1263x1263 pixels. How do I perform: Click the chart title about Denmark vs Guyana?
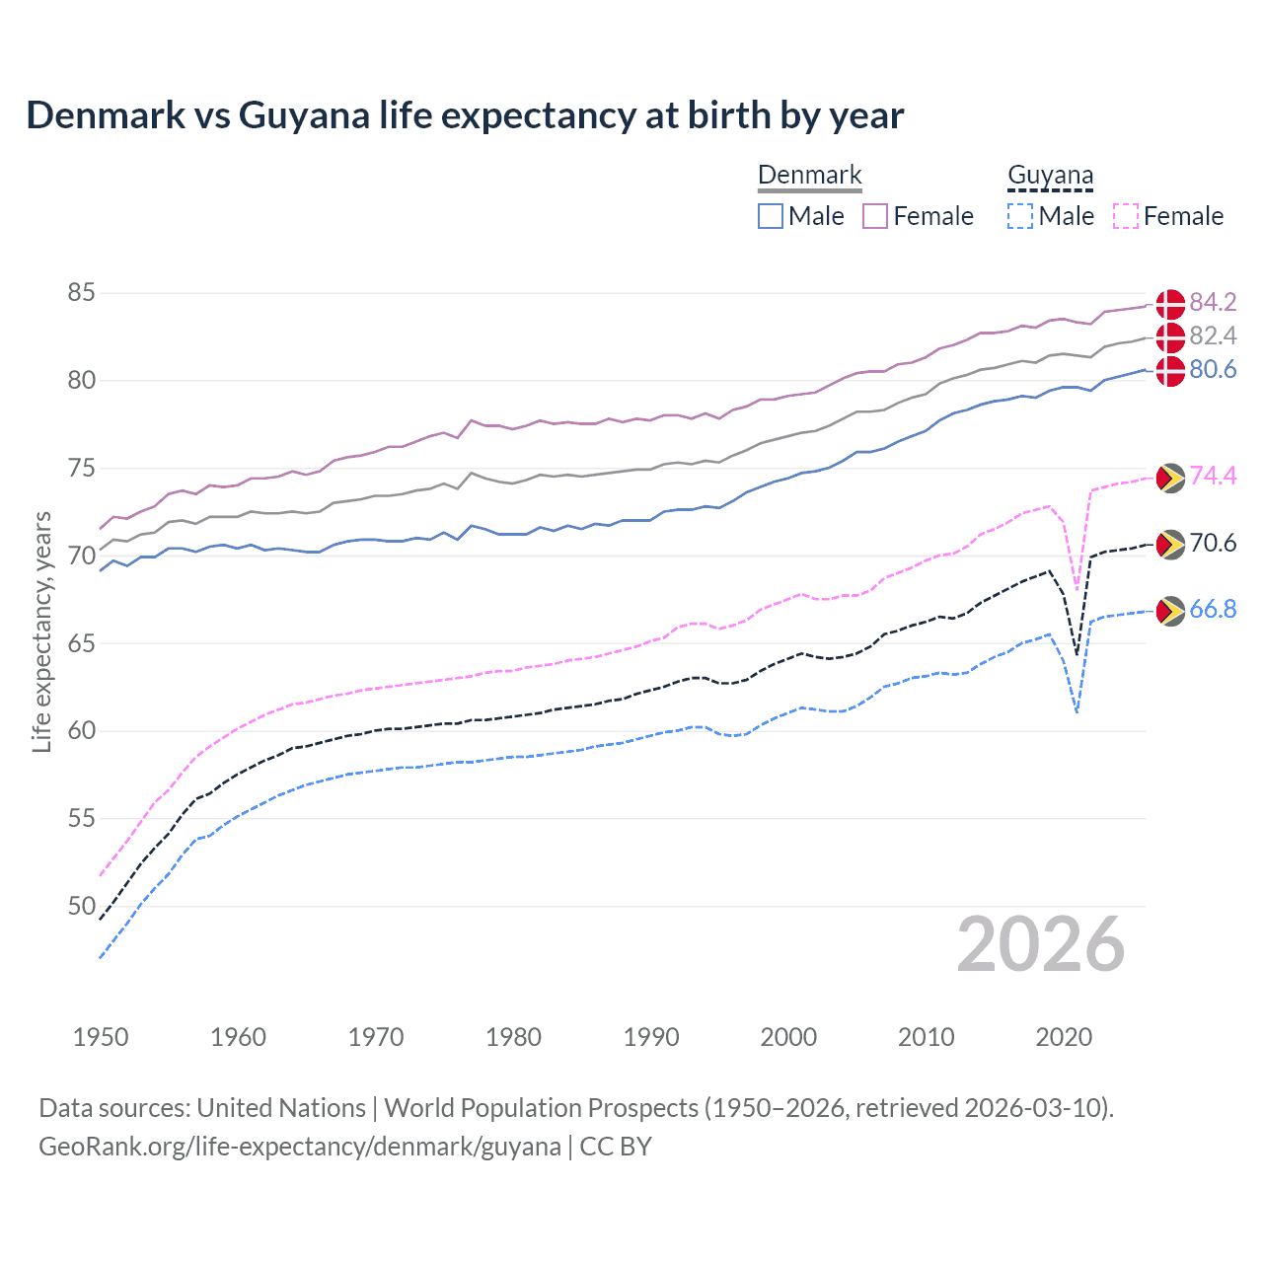click(465, 115)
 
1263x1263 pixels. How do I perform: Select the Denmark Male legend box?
click(771, 216)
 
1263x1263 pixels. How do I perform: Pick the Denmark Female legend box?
click(875, 216)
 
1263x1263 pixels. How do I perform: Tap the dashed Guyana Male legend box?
click(1020, 216)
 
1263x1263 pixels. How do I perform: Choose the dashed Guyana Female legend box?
click(1126, 216)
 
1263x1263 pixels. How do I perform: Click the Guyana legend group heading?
click(1050, 176)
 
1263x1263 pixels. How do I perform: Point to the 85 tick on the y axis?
click(82, 293)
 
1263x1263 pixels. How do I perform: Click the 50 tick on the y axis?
click(82, 906)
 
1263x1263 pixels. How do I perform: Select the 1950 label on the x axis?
click(101, 1037)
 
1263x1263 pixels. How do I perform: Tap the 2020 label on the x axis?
click(1064, 1037)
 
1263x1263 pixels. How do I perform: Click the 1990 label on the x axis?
click(651, 1037)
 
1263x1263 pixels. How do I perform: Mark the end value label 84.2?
click(1213, 302)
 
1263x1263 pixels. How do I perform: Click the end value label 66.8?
click(1213, 610)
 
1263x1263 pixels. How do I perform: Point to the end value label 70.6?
click(1213, 544)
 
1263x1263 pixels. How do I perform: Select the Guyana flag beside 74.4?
click(1170, 478)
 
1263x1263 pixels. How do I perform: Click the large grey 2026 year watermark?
click(1041, 945)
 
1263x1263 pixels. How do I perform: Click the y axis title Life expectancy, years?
click(42, 631)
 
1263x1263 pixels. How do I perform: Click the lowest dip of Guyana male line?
click(1077, 711)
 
